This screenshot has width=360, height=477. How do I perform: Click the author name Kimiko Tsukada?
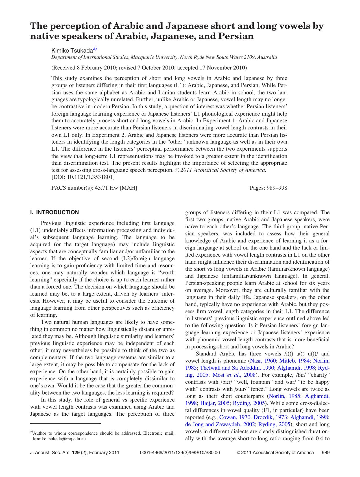click(x=72, y=50)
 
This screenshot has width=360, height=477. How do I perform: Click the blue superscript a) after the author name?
click(x=95, y=49)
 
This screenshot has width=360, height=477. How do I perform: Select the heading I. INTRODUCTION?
click(x=54, y=212)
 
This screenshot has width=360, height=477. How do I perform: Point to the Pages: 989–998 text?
click(x=268, y=188)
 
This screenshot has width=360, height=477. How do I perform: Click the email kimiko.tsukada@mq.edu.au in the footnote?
click(x=59, y=439)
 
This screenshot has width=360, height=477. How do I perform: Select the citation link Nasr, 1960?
click(x=263, y=361)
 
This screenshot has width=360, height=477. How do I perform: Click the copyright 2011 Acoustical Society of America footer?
click(x=275, y=452)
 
